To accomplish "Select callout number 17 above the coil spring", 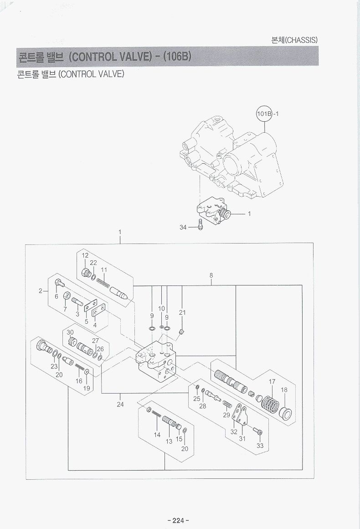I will tap(272, 382).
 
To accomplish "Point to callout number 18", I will tap(284, 390).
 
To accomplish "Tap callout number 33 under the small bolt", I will tap(260, 446).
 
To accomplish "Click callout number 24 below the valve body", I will tap(120, 404).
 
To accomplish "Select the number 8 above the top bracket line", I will tap(211, 275).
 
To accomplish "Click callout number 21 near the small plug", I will tap(182, 312).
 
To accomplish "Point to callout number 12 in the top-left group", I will tap(85, 256).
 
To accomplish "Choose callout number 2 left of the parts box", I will tap(40, 290).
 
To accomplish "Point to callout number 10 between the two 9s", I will tap(161, 309).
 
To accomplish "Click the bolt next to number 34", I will tap(200, 224).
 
